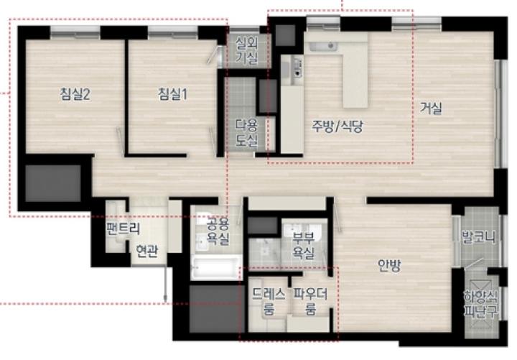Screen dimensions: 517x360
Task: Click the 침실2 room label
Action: [75, 95]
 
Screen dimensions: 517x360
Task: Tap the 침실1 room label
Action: [172, 94]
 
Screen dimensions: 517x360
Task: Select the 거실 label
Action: [431, 108]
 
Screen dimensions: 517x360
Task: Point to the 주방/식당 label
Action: [337, 126]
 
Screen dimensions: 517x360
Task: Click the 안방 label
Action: [390, 265]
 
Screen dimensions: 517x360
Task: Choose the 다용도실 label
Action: [246, 133]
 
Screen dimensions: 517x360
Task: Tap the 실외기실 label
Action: [246, 50]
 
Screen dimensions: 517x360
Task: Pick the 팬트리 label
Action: [123, 229]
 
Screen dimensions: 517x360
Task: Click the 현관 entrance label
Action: [147, 251]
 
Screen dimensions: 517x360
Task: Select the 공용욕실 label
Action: [218, 231]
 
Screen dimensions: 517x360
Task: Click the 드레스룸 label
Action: [269, 301]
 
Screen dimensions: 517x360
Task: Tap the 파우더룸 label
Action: [310, 301]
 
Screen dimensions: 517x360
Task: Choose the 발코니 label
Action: [479, 237]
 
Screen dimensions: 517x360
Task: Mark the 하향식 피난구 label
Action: [481, 303]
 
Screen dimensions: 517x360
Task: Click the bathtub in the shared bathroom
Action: [216, 267]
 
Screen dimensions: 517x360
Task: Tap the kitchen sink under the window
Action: [323, 47]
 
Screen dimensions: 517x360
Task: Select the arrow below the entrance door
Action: [166, 284]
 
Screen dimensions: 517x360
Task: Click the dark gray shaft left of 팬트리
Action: [53, 183]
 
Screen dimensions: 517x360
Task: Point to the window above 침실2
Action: [75, 32]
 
